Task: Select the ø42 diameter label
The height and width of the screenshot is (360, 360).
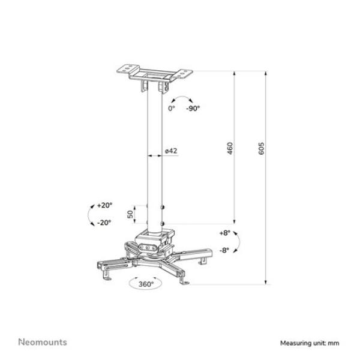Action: pyautogui.click(x=170, y=151)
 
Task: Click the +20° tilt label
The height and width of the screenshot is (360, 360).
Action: pyautogui.click(x=104, y=205)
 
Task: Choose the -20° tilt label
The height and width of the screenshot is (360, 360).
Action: pyautogui.click(x=104, y=223)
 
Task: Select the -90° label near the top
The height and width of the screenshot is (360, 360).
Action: pyautogui.click(x=193, y=108)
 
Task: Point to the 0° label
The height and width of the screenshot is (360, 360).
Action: pyautogui.click(x=171, y=108)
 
